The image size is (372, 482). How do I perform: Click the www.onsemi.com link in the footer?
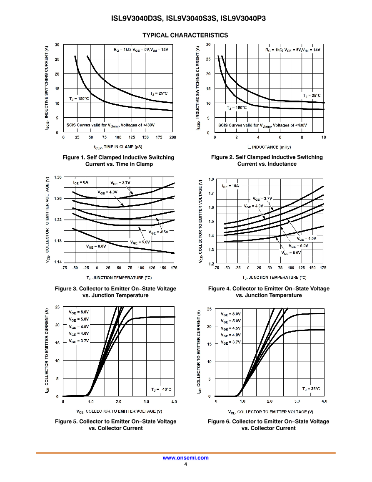pos(185,458)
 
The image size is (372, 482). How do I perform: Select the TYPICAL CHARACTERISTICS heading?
pos(185,35)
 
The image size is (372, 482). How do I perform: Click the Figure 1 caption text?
pos(118,161)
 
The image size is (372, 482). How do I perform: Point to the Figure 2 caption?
pos(267,161)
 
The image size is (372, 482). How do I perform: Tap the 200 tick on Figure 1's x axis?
pos(172,137)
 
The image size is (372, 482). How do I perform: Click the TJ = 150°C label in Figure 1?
pos(79,98)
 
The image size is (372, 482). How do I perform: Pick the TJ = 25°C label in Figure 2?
pos(312,96)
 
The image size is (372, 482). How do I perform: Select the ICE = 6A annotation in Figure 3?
pos(81,182)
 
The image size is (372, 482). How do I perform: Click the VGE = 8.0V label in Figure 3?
pos(96,246)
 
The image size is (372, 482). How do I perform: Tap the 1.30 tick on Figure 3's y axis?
pos(57,177)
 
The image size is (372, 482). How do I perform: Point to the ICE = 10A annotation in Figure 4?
pos(230,186)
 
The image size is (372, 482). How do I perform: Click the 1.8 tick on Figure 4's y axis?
pos(211,179)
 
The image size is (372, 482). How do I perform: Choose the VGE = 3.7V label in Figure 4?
pos(262,199)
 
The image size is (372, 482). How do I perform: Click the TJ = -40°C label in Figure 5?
pos(161,389)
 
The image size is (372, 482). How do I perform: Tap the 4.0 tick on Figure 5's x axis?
pos(174,401)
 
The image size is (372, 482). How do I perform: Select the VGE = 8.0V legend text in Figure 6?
pos(231,314)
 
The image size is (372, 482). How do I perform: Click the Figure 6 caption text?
pos(269,425)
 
